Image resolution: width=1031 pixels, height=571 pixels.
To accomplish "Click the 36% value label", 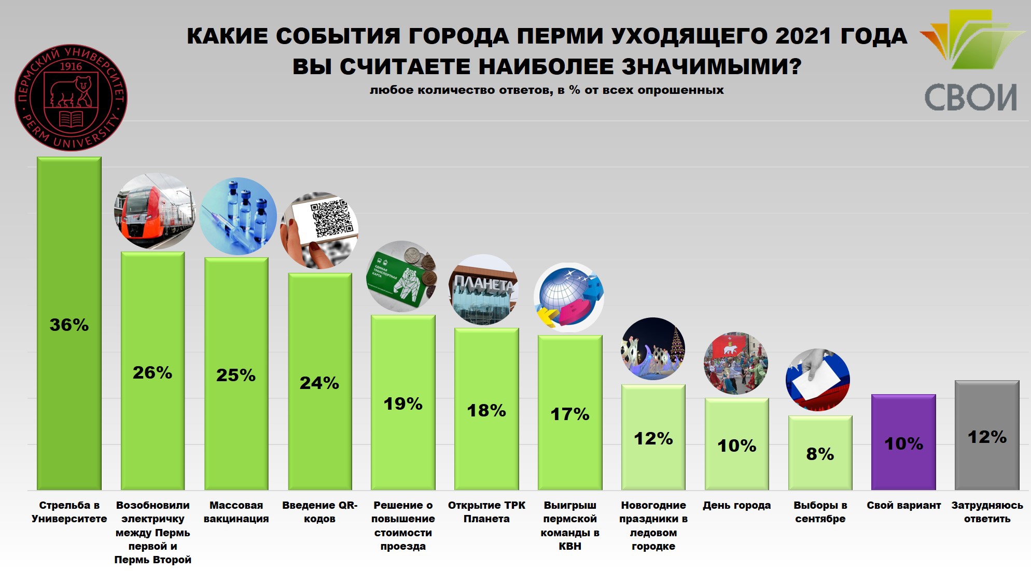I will [x=69, y=325].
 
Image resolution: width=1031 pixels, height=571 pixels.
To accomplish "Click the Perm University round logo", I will [x=71, y=98].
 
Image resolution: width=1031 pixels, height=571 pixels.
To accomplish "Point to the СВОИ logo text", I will [x=970, y=98].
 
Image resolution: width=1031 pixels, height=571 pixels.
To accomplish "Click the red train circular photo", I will [x=154, y=212].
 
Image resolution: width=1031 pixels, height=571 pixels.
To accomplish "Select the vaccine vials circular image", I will [x=238, y=216].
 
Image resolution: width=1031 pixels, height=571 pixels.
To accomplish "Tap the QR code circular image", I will [x=319, y=230].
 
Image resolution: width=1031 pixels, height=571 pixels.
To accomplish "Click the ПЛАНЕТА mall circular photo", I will [x=483, y=289].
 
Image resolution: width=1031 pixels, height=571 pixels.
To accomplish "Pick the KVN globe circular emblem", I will [x=569, y=297].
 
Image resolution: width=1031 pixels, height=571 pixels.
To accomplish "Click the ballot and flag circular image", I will [x=818, y=380].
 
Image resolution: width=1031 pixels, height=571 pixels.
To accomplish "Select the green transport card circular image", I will [x=401, y=276].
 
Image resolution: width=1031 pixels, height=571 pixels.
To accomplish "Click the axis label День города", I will [x=736, y=506].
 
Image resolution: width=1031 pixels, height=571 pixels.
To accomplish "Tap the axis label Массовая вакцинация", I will [x=236, y=512].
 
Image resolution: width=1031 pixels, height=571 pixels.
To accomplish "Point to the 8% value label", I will [x=820, y=454].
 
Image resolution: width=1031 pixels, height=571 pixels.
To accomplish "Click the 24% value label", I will [x=319, y=383].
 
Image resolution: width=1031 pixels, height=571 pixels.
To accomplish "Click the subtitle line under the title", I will [x=547, y=90].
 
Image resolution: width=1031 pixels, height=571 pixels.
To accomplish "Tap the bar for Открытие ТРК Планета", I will [x=486, y=441].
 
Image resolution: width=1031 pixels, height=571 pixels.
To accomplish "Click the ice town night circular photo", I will [x=652, y=349].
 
